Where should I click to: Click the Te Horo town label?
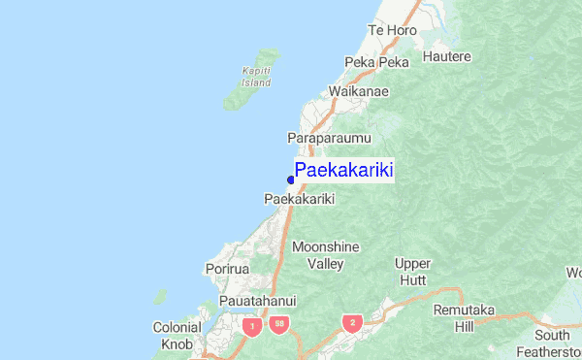(x=392, y=30)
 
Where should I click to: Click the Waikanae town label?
(x=358, y=91)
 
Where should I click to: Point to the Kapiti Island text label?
(x=256, y=76)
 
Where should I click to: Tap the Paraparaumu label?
(x=329, y=139)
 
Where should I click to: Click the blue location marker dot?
(x=290, y=180)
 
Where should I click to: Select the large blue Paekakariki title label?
(x=343, y=171)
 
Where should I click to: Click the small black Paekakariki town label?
(x=299, y=199)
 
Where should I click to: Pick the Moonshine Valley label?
(x=318, y=254)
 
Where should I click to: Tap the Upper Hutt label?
(x=413, y=271)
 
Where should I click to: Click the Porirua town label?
(x=228, y=268)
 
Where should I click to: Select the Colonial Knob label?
(x=178, y=335)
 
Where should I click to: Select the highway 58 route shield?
(x=278, y=324)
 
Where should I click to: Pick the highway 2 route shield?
(x=352, y=322)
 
